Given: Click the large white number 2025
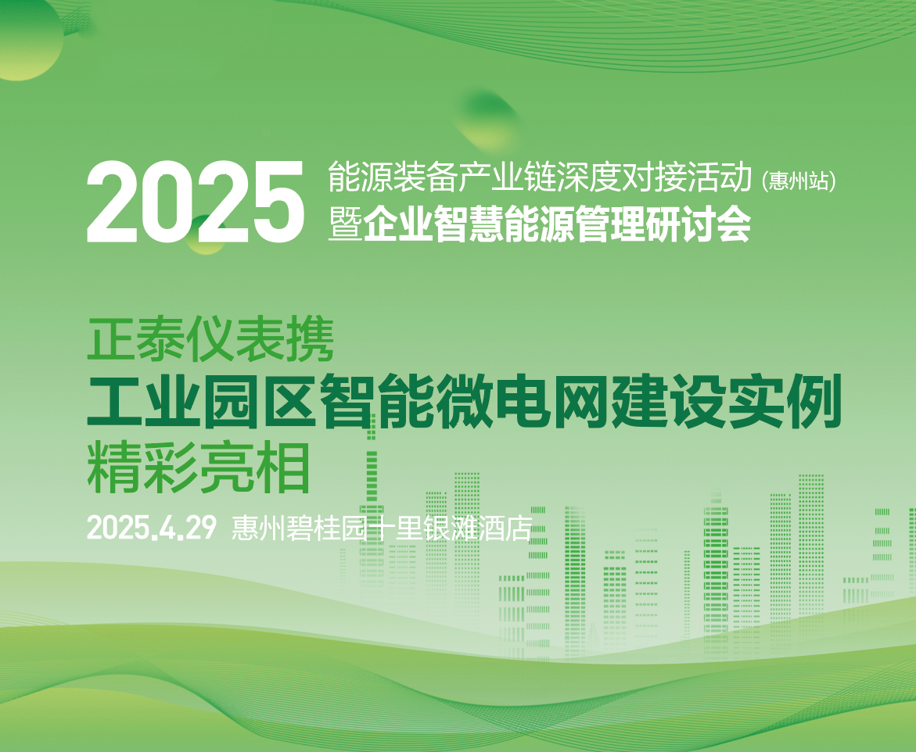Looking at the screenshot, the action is click(x=196, y=202).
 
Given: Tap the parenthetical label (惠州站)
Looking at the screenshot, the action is click(x=799, y=181).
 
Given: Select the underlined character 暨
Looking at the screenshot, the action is click(x=345, y=224).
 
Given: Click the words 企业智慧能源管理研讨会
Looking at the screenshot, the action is click(x=557, y=224).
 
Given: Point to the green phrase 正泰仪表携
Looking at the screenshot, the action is click(x=210, y=340).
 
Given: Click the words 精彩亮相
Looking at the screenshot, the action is click(x=198, y=467).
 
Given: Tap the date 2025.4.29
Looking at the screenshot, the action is click(x=152, y=528).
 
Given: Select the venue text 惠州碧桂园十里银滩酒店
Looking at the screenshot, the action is click(x=382, y=528).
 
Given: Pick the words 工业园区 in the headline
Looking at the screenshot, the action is click(x=202, y=401).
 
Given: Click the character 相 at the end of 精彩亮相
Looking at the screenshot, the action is click(x=282, y=467).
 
